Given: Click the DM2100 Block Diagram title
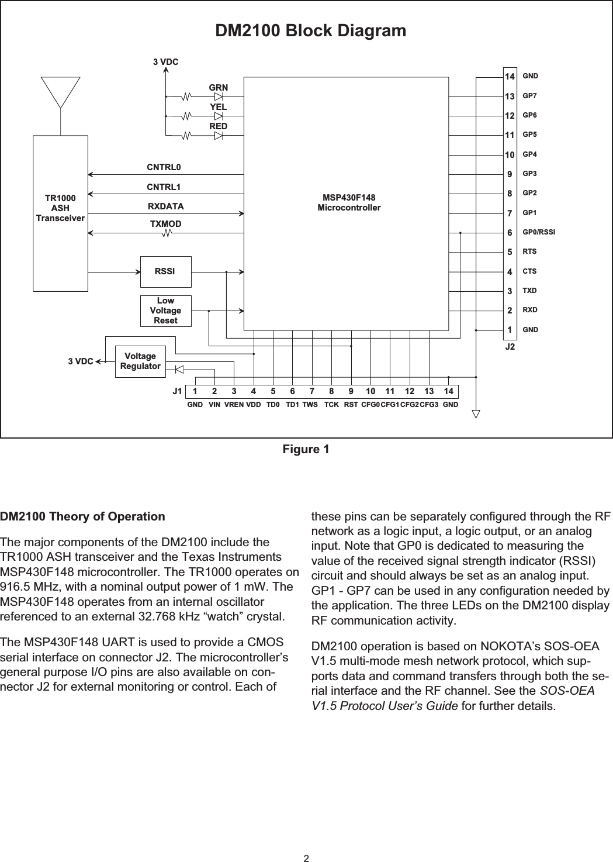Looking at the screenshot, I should point(311,30).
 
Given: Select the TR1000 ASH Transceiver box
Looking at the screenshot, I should point(61,213).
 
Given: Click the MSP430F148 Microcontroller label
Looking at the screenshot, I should point(349,203).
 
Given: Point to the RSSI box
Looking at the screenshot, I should point(165,271).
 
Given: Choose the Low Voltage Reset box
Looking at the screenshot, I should point(165,311).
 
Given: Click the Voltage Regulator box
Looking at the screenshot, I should point(140,361).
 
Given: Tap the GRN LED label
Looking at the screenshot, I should point(219,88).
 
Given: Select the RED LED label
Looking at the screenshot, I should point(219,126).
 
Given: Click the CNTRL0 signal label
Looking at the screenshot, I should point(164,167).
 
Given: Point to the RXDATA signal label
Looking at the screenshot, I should point(165,206).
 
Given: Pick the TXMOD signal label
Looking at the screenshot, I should point(165,224).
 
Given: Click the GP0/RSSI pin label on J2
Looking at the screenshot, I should point(538,232).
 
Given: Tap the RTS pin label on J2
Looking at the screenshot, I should point(529,251).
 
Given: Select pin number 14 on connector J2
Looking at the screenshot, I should point(510,77).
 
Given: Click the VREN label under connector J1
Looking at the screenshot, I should point(234,404).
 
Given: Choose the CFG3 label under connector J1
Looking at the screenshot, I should point(430,404).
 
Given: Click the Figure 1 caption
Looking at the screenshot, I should point(306,449).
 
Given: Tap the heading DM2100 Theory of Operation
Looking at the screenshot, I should point(83,516).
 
